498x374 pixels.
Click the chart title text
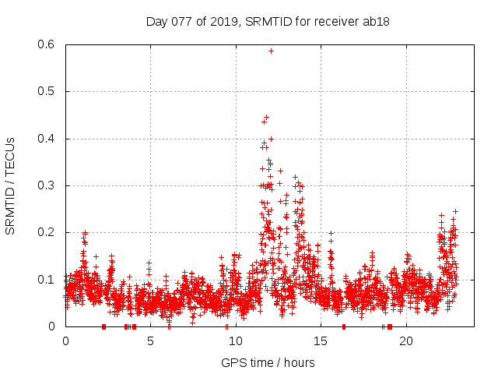(267, 21)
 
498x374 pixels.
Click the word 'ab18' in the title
(376, 21)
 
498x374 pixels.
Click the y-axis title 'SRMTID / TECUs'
(10, 185)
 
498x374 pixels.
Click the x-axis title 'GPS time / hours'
(267, 362)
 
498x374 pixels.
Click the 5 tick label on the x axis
(150, 340)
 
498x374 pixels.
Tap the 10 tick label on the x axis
(236, 340)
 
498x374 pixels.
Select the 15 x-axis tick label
(321, 340)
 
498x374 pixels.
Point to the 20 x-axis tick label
(406, 340)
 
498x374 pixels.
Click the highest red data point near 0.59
(271, 51)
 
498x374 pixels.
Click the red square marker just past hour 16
(344, 326)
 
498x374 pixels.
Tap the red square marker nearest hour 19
(389, 326)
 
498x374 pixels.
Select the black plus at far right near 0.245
(455, 211)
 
